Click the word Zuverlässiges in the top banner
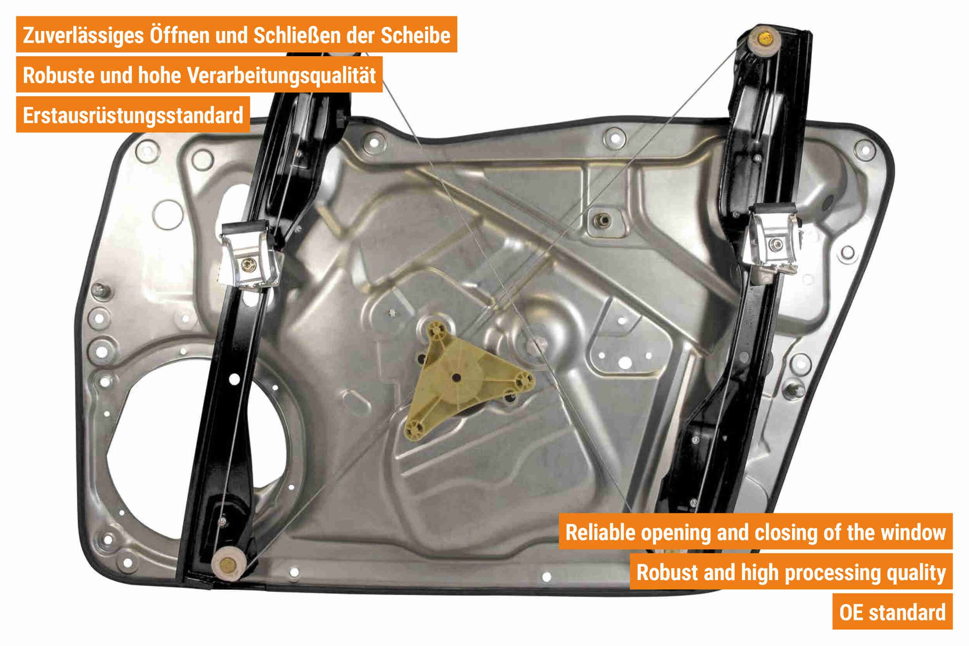pyautogui.click(x=83, y=35)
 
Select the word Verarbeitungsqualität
pyautogui.click(x=282, y=76)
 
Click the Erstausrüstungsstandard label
pyautogui.click(x=133, y=116)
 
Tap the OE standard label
pyautogui.click(x=892, y=612)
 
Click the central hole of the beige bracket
pyautogui.click(x=456, y=377)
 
